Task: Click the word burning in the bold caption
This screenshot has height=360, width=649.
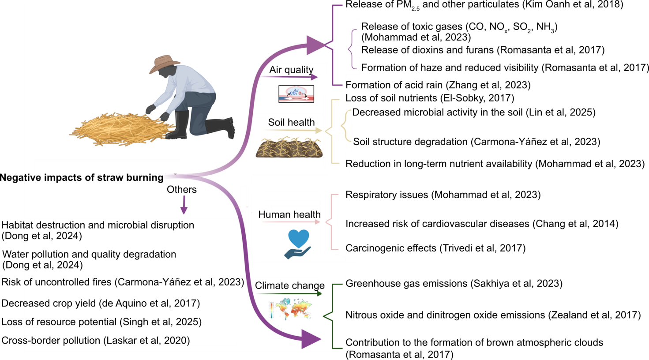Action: click(x=142, y=178)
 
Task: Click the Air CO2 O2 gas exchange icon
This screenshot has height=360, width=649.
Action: click(x=296, y=94)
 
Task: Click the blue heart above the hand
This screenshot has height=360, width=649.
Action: click(x=299, y=238)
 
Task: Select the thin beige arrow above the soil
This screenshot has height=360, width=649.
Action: click(x=293, y=131)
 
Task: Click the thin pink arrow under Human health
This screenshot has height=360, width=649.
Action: click(x=291, y=222)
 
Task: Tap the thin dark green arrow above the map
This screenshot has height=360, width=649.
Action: click(x=289, y=293)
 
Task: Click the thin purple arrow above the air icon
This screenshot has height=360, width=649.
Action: click(x=289, y=77)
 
